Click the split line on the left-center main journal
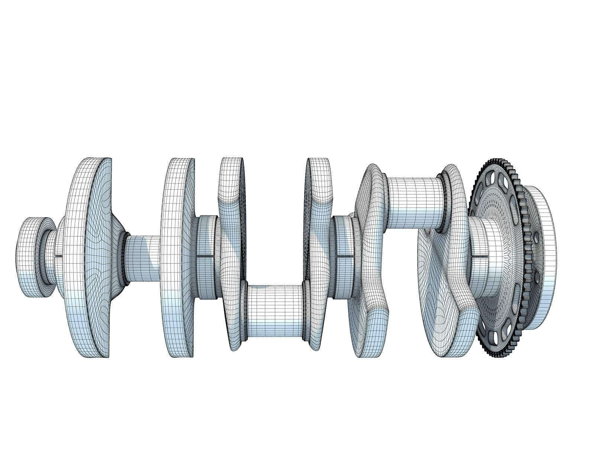[x=207, y=256]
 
